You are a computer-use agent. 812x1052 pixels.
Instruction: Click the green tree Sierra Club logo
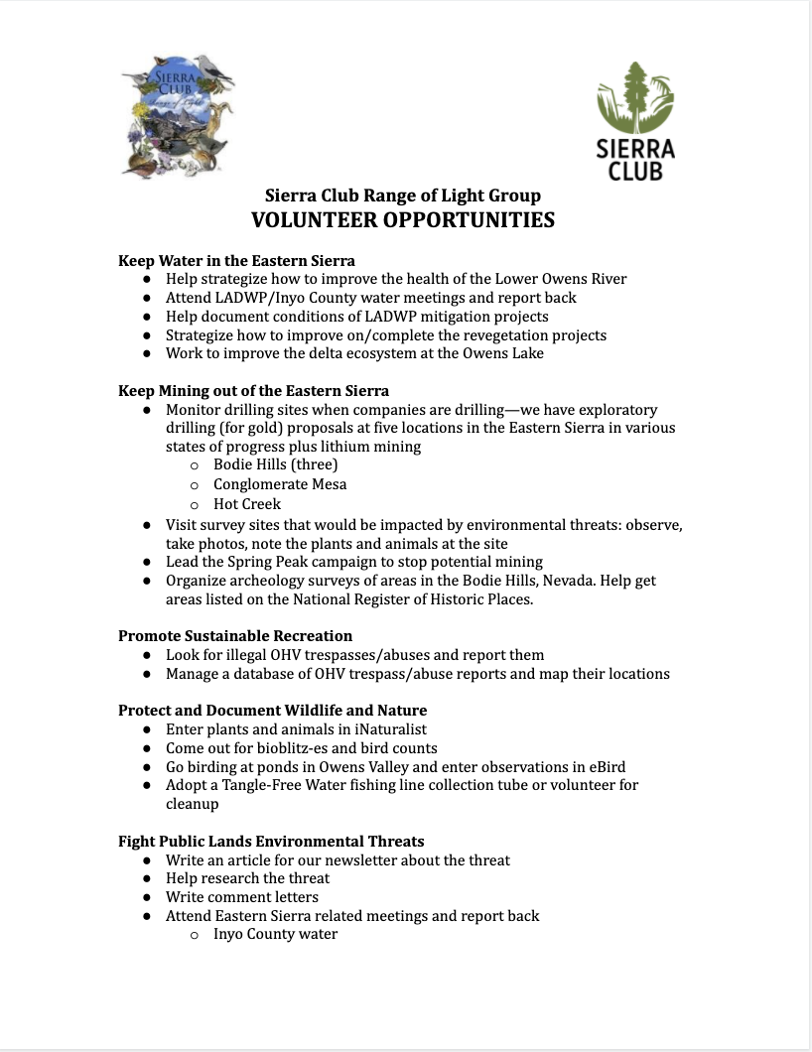pos(635,119)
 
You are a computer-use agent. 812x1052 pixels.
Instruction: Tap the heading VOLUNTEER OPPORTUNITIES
pos(402,220)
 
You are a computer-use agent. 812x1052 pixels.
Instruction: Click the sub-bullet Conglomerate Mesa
pos(280,484)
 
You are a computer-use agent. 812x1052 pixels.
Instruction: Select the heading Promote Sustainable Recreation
pos(235,635)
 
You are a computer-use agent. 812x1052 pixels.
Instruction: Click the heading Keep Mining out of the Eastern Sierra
pos(253,390)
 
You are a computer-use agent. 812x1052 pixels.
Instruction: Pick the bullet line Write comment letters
pos(242,897)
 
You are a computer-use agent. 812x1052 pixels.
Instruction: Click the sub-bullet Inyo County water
pos(275,934)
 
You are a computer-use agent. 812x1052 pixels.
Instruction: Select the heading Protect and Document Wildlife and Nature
pos(272,710)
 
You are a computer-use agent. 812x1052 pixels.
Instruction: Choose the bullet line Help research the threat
pos(247,878)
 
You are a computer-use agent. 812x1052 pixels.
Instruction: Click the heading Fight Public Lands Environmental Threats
pos(271,842)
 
